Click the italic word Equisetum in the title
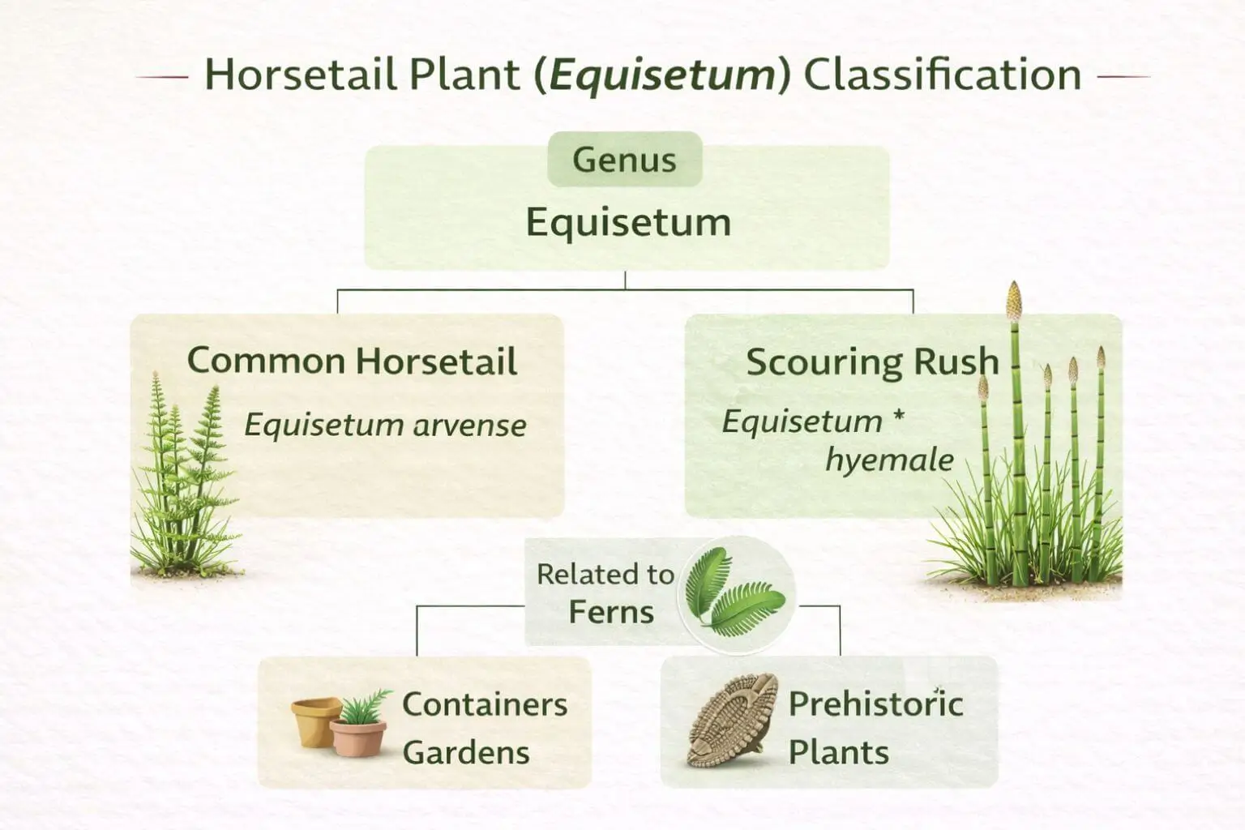click(662, 75)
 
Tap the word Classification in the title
click(942, 75)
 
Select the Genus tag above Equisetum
click(624, 160)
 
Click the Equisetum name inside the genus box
click(628, 221)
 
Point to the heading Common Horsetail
click(352, 361)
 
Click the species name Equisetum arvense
click(385, 425)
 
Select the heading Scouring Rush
click(872, 362)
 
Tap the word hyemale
click(889, 460)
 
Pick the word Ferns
click(610, 612)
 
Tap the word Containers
click(485, 704)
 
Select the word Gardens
click(466, 752)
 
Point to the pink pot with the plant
click(357, 734)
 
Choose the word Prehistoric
click(875, 704)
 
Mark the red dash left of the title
click(161, 77)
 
